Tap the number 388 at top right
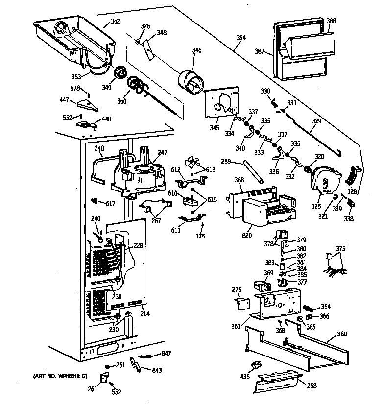(331, 21)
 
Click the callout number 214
(144, 314)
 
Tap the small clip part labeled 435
(255, 367)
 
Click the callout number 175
(200, 237)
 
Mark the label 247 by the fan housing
(163, 153)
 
